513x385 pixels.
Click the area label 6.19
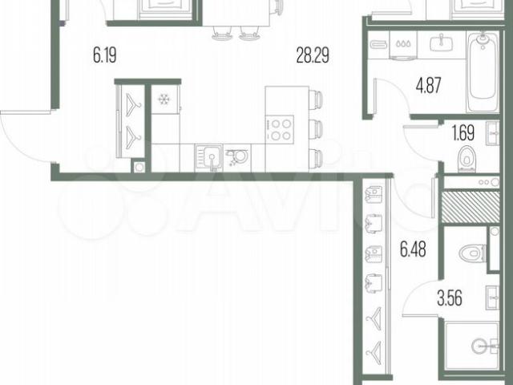pos(105,55)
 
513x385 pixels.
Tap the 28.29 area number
pos(313,55)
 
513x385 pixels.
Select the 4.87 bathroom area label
pos(428,86)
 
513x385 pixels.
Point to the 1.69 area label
pos(463,132)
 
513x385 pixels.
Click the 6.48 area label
pos(413,249)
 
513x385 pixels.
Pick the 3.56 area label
pos(450,298)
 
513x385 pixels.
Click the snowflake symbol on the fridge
pos(164,99)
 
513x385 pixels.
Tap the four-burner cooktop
pos(280,129)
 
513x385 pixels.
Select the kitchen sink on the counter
pos(208,158)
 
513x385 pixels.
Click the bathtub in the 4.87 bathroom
pos(483,71)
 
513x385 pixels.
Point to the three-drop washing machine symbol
pos(402,43)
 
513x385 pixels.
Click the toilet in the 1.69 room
pos(465,159)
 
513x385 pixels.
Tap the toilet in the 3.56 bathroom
pos(472,253)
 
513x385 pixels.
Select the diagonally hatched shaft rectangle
pos(471,207)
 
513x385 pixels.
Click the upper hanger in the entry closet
pos(134,102)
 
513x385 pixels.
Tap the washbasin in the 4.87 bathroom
pos(442,43)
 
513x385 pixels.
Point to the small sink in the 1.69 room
pos(492,132)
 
